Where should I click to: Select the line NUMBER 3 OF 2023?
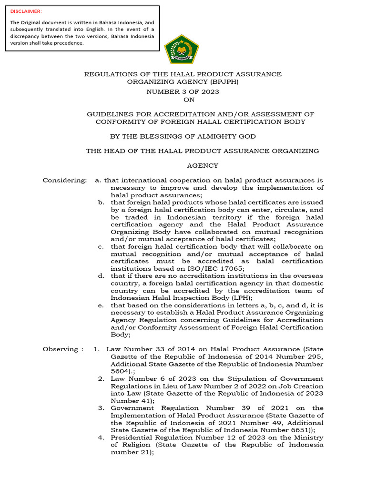pos(183,91)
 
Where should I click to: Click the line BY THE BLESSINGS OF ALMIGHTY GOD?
pos(183,136)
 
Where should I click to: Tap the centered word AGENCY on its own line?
pos(202,165)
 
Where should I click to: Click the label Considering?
pos(65,180)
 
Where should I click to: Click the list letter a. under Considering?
pos(98,180)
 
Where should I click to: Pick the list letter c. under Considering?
pos(101,246)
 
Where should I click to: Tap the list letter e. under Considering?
pos(101,305)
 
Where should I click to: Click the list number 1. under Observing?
pos(97,349)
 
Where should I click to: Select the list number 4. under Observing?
pos(102,437)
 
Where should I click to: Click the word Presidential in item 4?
pos(132,437)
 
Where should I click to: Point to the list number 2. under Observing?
pos(102,378)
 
